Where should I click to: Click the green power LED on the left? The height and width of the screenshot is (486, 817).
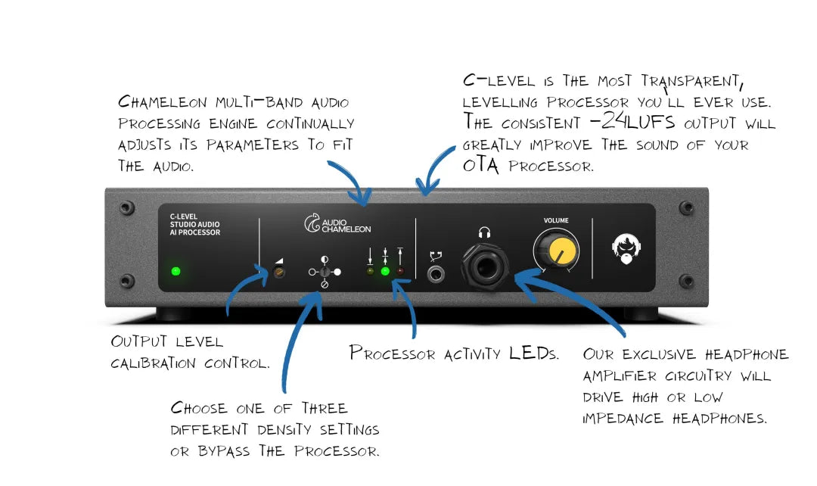(176, 271)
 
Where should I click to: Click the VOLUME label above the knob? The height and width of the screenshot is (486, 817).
(556, 220)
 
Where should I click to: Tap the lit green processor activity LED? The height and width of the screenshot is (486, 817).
(385, 271)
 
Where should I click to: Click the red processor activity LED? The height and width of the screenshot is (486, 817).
(399, 271)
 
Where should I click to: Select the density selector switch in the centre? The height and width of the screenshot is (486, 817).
(324, 271)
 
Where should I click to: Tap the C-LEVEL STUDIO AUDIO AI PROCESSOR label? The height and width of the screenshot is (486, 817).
(194, 224)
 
